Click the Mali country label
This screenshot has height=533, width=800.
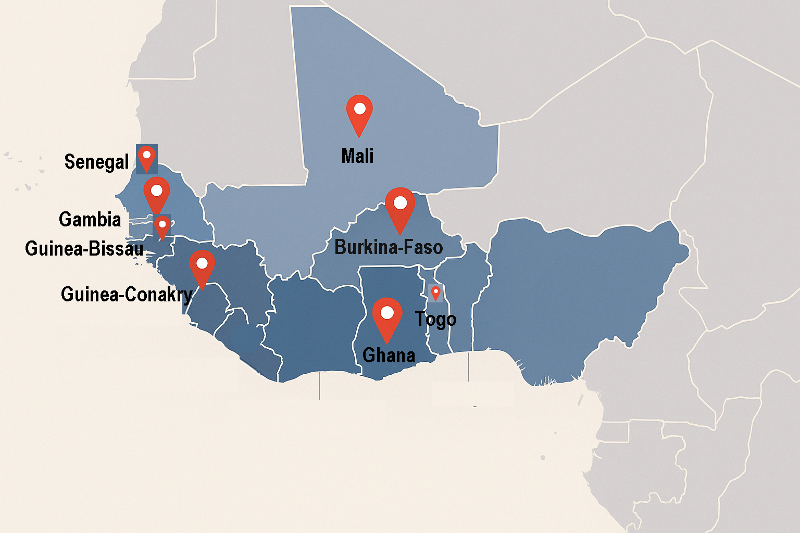[357, 156]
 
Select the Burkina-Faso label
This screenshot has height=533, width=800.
[389, 247]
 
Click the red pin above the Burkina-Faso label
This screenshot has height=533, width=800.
[400, 207]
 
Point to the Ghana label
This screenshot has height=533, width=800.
[389, 356]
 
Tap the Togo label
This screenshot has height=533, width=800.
[435, 319]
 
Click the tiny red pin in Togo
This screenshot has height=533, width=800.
[435, 293]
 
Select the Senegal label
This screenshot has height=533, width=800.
[96, 162]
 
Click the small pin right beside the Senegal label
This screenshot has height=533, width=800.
[147, 158]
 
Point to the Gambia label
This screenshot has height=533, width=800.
[90, 219]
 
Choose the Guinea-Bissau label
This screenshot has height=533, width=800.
[84, 248]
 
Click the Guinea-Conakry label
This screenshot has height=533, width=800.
[127, 295]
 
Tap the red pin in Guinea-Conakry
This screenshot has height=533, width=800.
[202, 266]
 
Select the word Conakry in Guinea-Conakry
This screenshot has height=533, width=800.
[159, 295]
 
